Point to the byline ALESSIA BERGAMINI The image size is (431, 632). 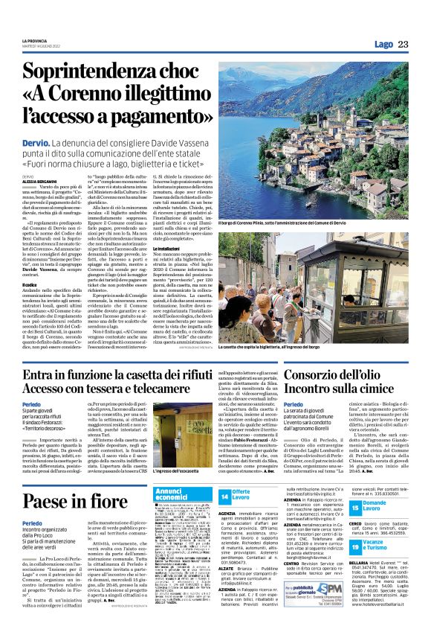[x=37, y=180]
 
